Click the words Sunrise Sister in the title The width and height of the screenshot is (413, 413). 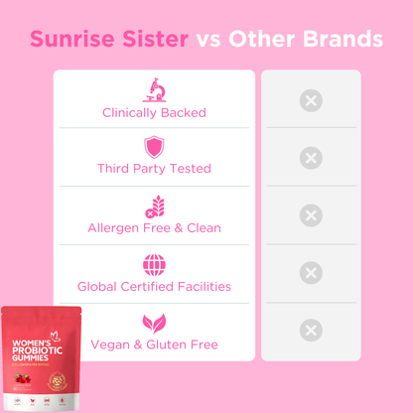point(108,40)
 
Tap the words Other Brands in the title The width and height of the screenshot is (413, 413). point(304,40)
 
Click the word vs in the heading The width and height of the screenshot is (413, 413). point(208,41)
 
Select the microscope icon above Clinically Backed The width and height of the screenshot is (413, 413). point(154,89)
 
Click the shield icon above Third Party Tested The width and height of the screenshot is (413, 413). point(154,148)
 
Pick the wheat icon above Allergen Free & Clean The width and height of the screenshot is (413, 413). point(154,206)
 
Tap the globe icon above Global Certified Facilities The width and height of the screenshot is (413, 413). point(154,265)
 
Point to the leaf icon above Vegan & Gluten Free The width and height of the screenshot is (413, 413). point(154,323)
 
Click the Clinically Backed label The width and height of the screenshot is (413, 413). point(154,112)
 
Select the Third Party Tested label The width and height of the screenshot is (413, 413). point(154,169)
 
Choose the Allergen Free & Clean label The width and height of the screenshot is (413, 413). point(154,228)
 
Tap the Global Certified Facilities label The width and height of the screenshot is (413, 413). point(154,287)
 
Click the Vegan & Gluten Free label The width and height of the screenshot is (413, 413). point(154,344)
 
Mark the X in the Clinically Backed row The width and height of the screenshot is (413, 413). point(311,100)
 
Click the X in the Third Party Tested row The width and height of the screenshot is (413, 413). point(311,158)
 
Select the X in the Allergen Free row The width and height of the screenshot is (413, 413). point(311,215)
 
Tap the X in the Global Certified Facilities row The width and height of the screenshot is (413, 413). point(311,273)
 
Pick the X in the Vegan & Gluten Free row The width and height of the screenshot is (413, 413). point(311,331)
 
